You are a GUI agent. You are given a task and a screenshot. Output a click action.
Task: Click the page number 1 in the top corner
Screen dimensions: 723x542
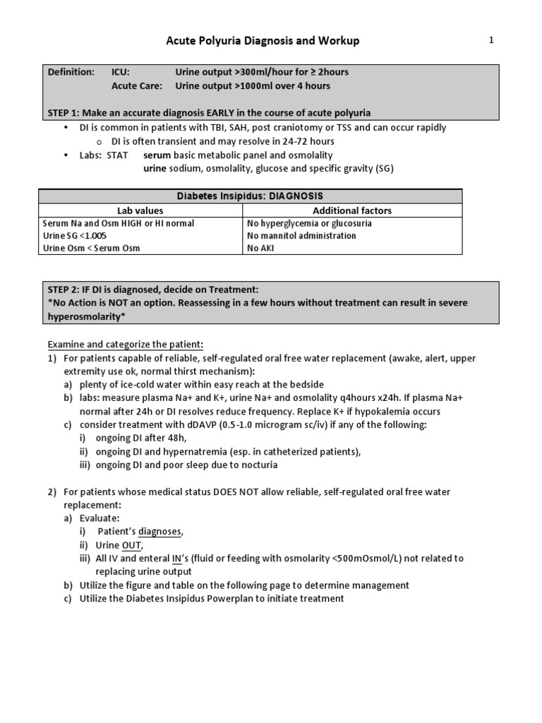click(x=491, y=41)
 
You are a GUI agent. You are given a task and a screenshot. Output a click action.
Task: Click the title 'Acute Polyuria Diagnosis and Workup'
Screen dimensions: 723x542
click(x=263, y=41)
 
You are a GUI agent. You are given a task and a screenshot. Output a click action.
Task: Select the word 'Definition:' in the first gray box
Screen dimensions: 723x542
click(x=71, y=72)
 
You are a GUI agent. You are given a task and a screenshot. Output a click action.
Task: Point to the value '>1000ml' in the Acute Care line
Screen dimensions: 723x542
click(x=255, y=86)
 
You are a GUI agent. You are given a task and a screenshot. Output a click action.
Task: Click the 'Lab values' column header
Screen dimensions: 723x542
click(x=140, y=210)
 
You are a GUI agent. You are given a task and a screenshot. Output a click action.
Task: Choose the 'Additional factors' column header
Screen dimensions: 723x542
click(x=351, y=210)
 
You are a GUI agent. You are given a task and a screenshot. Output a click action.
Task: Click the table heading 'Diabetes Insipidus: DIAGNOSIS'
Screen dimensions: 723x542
click(x=251, y=196)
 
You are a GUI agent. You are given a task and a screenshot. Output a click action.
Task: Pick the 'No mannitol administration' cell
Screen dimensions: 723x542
click(x=302, y=235)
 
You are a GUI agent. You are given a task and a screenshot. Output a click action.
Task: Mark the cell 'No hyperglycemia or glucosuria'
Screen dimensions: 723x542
click(x=310, y=223)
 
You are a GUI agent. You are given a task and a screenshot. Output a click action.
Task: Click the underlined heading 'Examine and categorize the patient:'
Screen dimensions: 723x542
click(x=125, y=345)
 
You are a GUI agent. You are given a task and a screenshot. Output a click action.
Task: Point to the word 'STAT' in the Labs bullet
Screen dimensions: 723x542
click(x=117, y=155)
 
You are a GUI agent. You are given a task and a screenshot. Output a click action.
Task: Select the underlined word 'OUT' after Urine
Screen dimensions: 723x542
click(x=132, y=544)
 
